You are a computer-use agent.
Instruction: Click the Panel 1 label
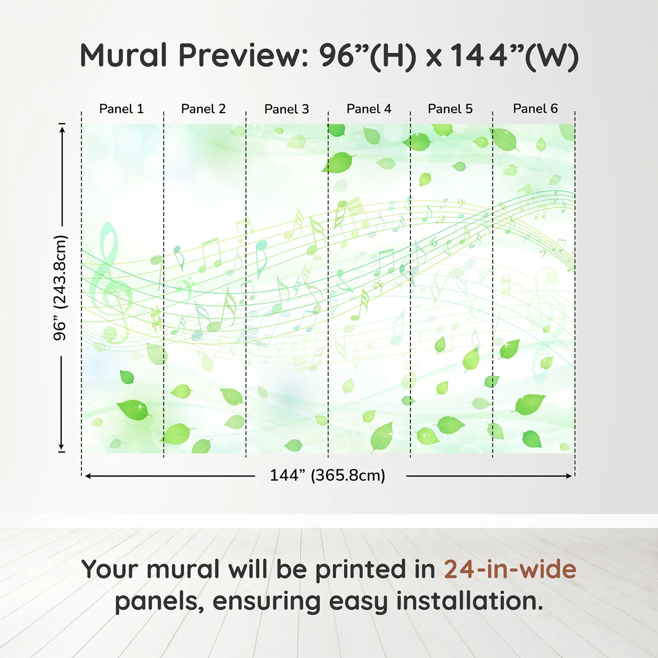point(121,109)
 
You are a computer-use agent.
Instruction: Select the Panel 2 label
point(204,109)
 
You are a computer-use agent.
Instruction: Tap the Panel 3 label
point(287,109)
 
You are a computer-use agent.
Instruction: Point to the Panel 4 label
point(369,109)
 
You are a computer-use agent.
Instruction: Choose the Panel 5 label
point(450,109)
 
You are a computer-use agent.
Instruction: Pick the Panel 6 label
point(535,109)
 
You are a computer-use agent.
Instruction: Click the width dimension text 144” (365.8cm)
point(328,475)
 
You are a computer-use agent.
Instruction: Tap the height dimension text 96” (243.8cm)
point(60,288)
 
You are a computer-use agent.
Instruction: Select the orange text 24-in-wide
point(510,569)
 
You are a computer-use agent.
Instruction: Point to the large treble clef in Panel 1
point(110,282)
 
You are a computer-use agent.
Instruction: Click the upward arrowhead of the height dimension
point(62,128)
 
